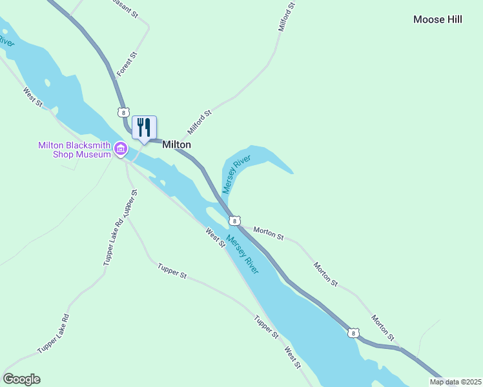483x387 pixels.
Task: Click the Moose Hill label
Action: (x=438, y=19)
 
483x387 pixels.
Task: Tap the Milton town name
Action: (x=176, y=145)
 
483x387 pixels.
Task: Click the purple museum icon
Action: (x=120, y=150)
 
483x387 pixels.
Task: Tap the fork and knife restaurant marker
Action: (x=144, y=128)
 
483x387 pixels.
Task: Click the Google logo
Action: (x=21, y=379)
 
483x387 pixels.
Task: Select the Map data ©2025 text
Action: (x=455, y=382)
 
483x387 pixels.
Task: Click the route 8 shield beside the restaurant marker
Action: (x=123, y=112)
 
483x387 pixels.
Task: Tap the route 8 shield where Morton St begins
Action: (x=234, y=221)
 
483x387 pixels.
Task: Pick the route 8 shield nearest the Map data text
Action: (x=352, y=333)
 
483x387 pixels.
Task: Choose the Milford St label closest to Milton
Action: (x=200, y=122)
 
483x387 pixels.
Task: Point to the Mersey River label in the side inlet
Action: (x=236, y=174)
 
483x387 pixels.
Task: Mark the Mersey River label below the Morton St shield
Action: (x=243, y=253)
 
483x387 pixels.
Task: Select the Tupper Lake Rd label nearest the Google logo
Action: (x=53, y=333)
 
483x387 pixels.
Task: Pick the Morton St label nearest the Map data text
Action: (x=382, y=327)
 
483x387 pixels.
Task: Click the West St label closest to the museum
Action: (x=32, y=97)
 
